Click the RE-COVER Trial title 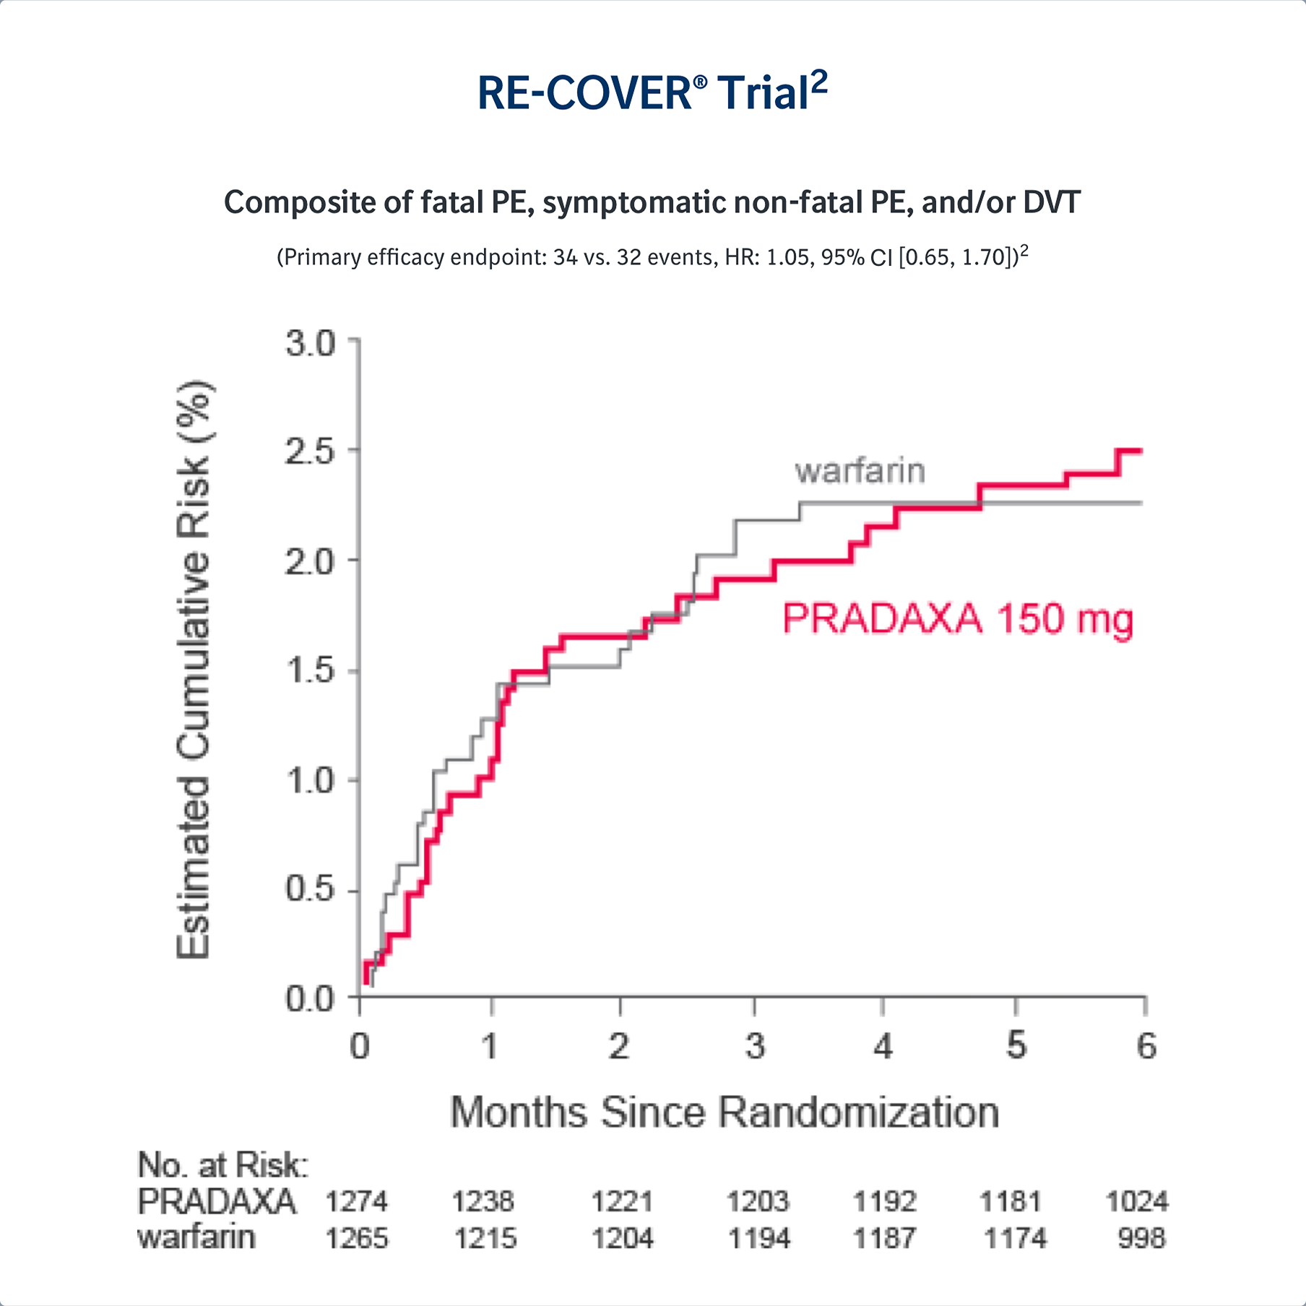click(x=652, y=92)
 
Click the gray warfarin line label click(x=860, y=471)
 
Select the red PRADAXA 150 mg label click(x=958, y=619)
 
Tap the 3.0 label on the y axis click(x=311, y=343)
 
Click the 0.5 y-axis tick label click(x=311, y=889)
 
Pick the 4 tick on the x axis click(x=883, y=1046)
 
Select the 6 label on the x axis click(x=1146, y=1046)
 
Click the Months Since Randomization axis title click(x=725, y=1112)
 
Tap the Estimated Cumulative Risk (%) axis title click(x=194, y=669)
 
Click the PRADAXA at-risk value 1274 click(x=357, y=1202)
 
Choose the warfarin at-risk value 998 click(x=1141, y=1238)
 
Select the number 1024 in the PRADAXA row click(x=1137, y=1202)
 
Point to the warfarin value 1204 click(x=623, y=1238)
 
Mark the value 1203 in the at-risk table click(x=758, y=1202)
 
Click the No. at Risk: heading click(x=222, y=1165)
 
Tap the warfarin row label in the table click(x=196, y=1237)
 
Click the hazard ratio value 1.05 click(x=787, y=257)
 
